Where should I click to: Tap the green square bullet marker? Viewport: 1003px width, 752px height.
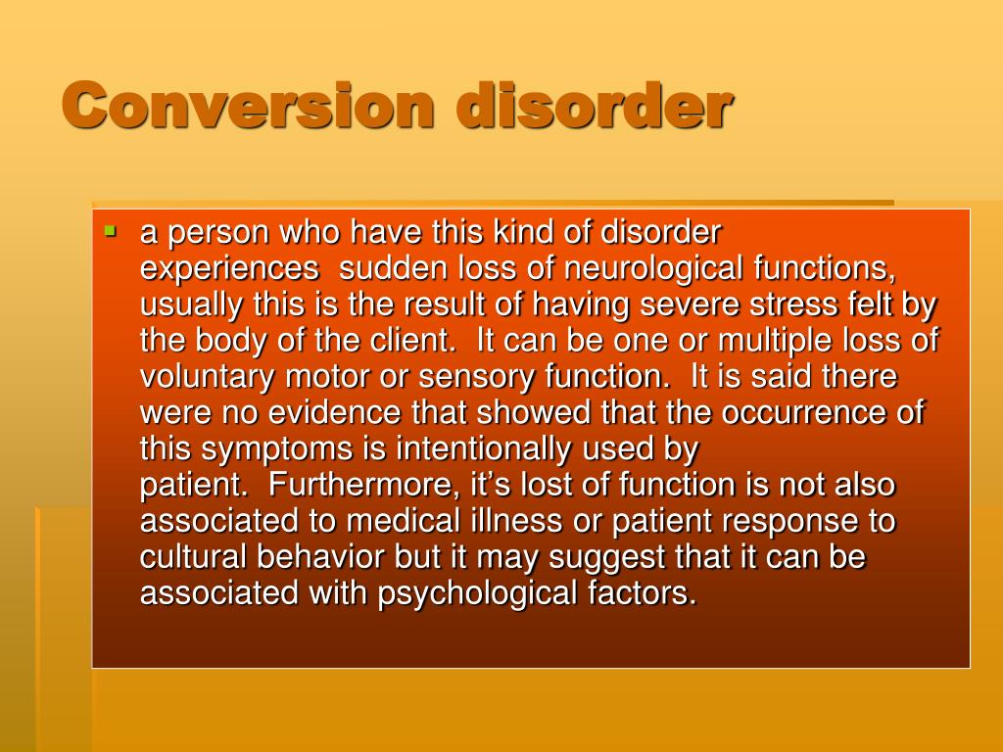point(110,233)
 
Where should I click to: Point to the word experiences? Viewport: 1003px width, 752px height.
point(229,269)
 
